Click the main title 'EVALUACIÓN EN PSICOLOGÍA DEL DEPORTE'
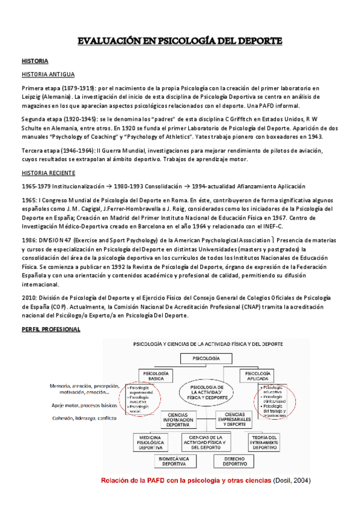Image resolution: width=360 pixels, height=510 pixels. [180, 41]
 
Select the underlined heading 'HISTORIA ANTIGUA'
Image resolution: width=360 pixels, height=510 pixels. [48, 75]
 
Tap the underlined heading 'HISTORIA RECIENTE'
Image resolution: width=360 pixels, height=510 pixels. [49, 173]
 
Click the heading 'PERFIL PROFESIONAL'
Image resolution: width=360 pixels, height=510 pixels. [50, 330]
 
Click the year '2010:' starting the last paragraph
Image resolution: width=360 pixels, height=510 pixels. [29, 297]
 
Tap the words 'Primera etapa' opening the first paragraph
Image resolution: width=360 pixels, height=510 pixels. [40, 87]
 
